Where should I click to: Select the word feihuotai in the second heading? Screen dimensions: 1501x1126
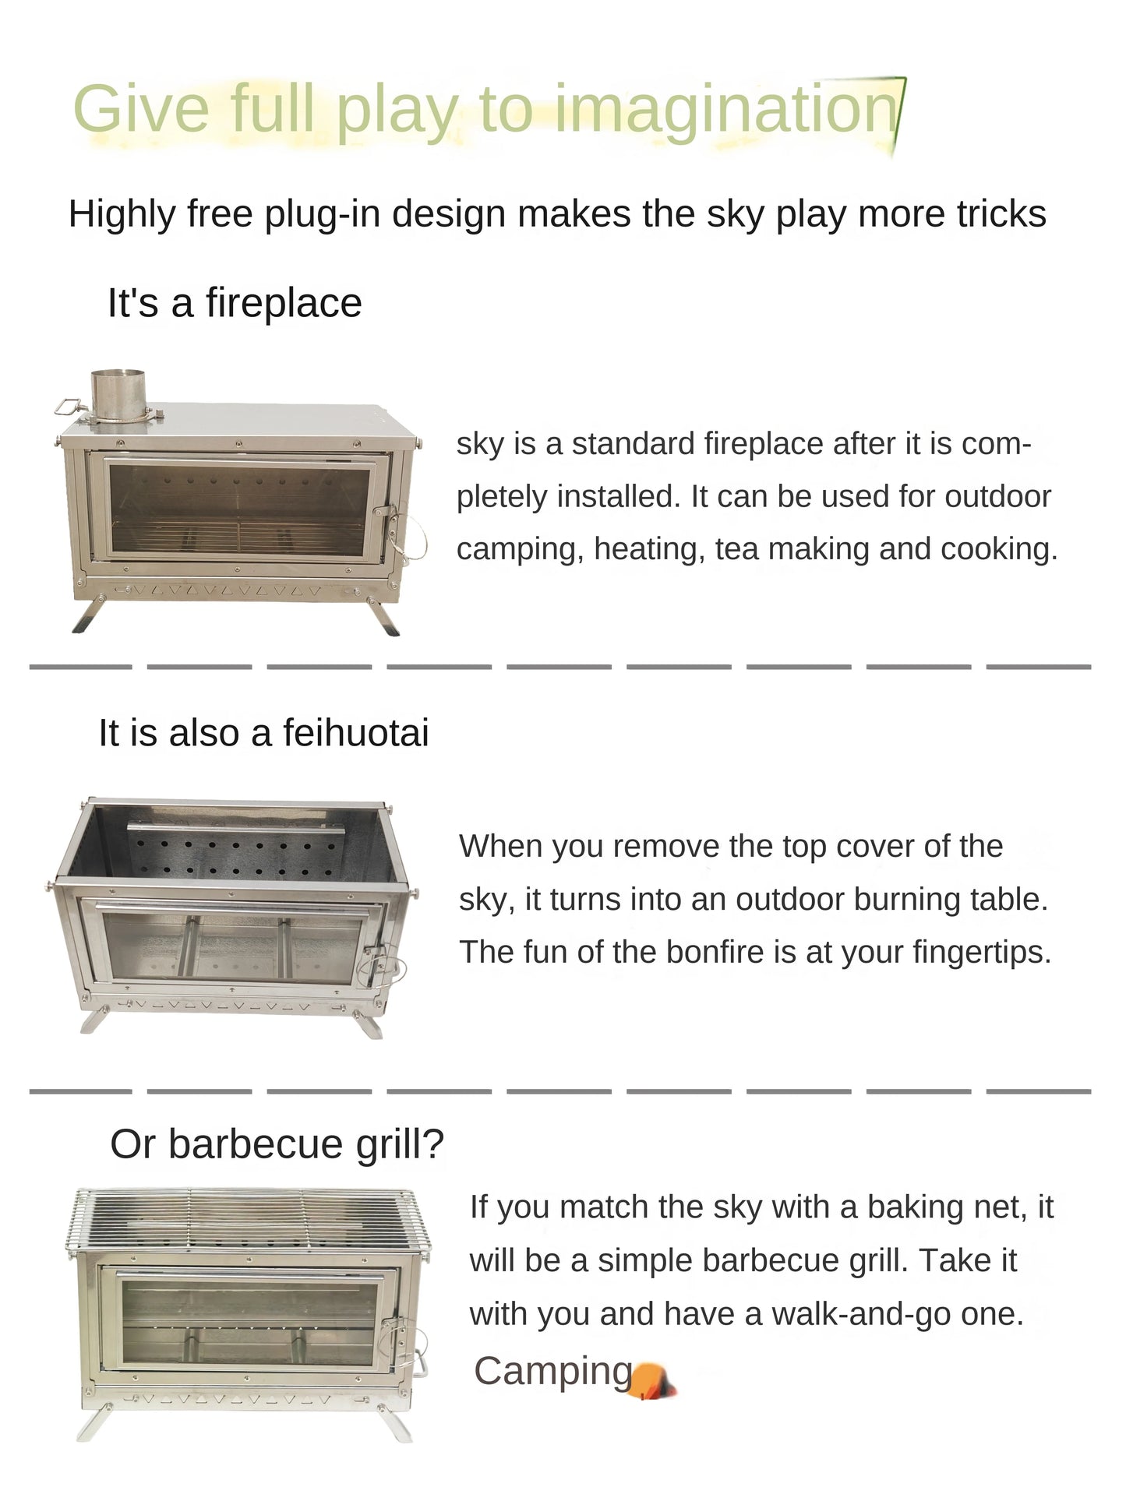(x=355, y=733)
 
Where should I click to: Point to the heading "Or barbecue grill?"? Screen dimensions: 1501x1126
(x=277, y=1143)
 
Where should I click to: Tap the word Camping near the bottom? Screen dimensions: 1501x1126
(x=553, y=1371)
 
